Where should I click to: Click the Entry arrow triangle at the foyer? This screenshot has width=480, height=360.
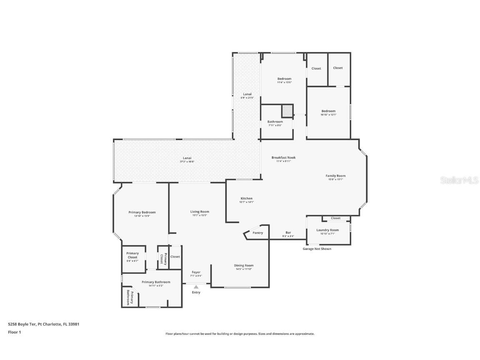point(196,287)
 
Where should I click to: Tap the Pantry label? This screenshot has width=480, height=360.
point(258,233)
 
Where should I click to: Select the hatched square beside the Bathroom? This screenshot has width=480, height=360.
point(287,111)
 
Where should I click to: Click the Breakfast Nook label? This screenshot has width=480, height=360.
point(283,157)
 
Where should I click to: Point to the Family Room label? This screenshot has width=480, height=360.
point(335,176)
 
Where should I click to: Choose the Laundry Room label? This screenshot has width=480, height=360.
point(327,230)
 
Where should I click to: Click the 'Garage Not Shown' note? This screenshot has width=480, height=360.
point(317,249)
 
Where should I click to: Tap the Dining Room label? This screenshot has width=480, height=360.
point(244,265)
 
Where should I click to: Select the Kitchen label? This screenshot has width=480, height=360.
point(247,198)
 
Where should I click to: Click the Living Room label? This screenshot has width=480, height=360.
point(200,212)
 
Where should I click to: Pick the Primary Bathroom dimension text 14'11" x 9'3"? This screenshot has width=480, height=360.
point(156,286)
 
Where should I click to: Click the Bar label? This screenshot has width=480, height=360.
point(288,232)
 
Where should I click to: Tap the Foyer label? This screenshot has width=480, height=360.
point(196,272)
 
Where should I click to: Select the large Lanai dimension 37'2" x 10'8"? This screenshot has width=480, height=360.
point(188,162)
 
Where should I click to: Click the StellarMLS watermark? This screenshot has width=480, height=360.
point(460,180)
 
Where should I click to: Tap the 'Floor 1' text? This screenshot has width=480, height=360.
point(14,332)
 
